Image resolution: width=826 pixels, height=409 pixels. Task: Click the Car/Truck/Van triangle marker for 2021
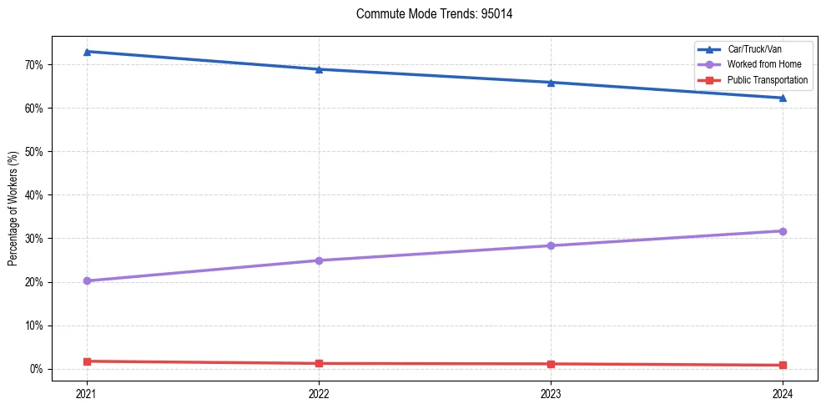[x=87, y=52]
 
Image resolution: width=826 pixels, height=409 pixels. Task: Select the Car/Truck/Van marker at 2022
[x=319, y=69]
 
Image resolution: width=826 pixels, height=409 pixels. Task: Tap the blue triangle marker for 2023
[x=551, y=83]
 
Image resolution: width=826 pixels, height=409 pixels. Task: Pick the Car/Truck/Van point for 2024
[x=783, y=98]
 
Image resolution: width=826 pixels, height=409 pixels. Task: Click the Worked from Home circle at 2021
[x=87, y=280]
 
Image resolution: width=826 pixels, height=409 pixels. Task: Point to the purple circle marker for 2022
[x=319, y=260]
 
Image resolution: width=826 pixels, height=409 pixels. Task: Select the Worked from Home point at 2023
[x=551, y=245]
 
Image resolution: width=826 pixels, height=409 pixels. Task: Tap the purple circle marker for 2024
[x=783, y=231]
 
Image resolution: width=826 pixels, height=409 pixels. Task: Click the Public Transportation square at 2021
[x=87, y=361]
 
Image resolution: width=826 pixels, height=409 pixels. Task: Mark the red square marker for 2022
[x=319, y=363]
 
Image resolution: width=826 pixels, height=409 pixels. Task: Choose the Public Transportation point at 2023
[x=551, y=364]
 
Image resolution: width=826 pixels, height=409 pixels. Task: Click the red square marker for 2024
[x=783, y=365]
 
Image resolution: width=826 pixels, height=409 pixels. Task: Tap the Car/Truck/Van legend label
[x=754, y=49]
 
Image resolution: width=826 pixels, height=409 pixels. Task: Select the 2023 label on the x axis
[x=551, y=393]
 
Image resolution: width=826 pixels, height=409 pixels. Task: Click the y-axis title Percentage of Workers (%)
[x=13, y=209]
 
